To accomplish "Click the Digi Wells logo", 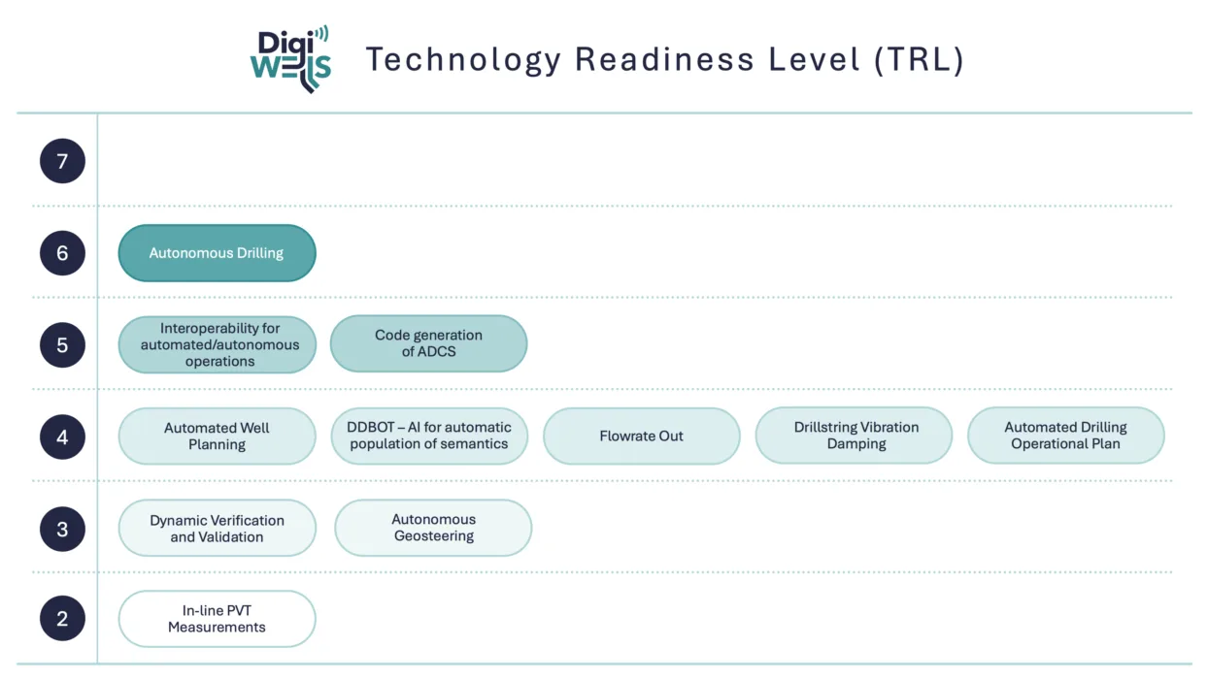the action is [290, 59].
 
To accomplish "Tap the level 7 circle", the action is [62, 161].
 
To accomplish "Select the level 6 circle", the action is [62, 253].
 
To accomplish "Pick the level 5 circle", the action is [62, 345].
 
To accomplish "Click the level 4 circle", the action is [62, 437].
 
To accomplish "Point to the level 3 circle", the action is [62, 530].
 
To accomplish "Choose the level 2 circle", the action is [62, 618].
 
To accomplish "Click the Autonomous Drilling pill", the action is [217, 253].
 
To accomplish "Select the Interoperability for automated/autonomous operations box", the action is [217, 345].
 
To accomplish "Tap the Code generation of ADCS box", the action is [429, 343].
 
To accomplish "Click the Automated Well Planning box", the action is [217, 436].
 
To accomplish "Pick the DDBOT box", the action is [429, 436].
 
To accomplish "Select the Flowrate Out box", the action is [641, 436].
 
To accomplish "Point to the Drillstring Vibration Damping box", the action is [854, 436].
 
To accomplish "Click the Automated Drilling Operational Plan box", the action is [1065, 436].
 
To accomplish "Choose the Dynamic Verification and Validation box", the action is [217, 528].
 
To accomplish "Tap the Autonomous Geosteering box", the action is [433, 528].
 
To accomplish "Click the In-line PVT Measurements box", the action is [217, 619].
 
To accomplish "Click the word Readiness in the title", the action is [664, 59].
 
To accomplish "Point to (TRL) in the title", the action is [919, 60].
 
